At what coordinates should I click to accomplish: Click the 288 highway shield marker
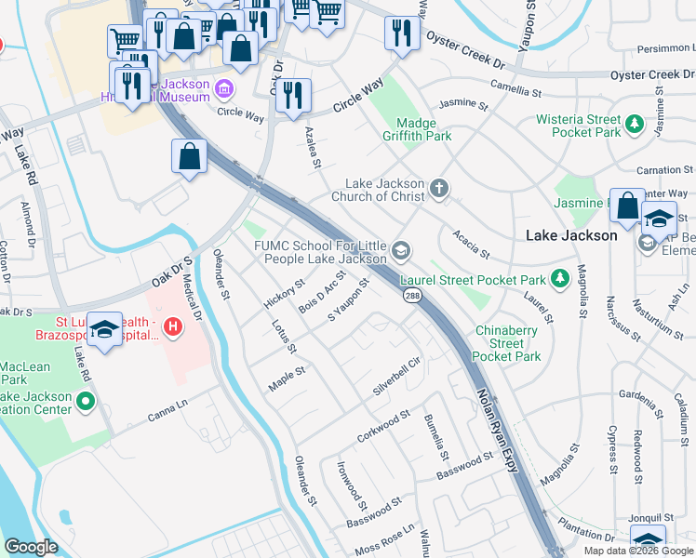[409, 295]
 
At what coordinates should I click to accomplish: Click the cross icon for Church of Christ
[439, 190]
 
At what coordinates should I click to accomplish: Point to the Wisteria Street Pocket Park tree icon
[636, 124]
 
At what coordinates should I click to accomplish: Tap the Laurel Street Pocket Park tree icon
[559, 278]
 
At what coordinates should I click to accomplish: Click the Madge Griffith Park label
[423, 129]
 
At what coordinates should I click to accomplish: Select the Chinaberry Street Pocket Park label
[507, 343]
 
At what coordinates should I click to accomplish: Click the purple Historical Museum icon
[223, 90]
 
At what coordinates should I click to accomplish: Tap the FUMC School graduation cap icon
[402, 251]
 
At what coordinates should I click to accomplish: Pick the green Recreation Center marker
[86, 403]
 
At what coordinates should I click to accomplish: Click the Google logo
[31, 547]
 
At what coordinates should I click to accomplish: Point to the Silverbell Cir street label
[398, 376]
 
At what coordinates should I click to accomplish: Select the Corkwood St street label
[382, 426]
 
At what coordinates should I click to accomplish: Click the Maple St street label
[287, 378]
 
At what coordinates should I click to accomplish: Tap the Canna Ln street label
[167, 411]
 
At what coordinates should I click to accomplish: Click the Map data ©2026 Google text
[638, 550]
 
